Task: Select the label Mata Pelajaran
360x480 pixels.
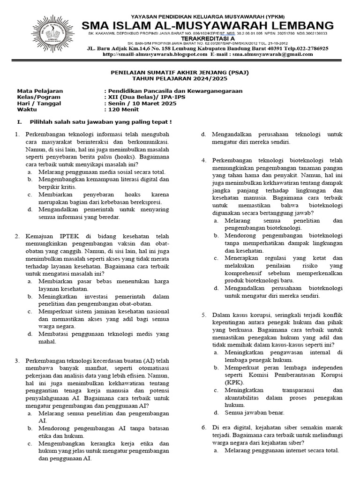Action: click(40, 91)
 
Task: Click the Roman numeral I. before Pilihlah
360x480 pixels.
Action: click(19, 122)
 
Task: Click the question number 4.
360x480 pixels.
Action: click(204, 160)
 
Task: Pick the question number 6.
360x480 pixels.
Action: click(204, 427)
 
